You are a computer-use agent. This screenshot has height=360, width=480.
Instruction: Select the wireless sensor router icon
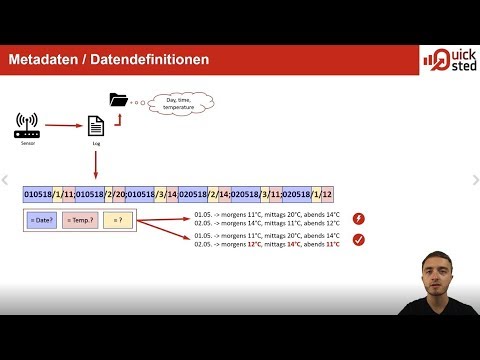pos(27,127)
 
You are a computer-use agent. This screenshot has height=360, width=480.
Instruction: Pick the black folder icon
pos(118,99)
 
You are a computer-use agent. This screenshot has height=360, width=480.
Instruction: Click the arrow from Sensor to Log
pos(63,127)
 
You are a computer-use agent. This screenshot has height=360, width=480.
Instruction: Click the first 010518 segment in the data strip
pos(37,193)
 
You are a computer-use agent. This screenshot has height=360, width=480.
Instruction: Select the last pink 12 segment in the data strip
pos(326,193)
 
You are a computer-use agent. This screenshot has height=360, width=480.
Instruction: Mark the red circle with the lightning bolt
pos(359,219)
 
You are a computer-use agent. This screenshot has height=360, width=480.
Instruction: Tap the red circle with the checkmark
pos(359,240)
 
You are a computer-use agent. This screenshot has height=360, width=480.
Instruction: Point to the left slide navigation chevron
pos(6,181)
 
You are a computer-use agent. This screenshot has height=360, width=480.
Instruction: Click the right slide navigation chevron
pos(474,181)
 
